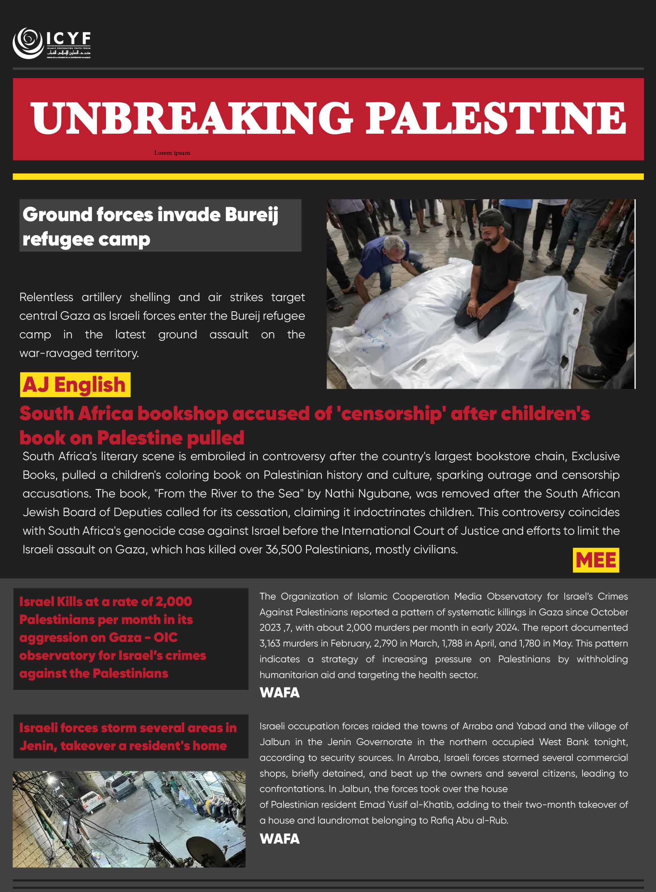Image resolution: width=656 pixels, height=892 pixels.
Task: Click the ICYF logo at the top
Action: tap(52, 43)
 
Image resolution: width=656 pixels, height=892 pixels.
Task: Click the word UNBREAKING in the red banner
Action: tap(191, 118)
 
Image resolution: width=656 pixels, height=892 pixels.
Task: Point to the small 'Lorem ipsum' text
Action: tap(172, 153)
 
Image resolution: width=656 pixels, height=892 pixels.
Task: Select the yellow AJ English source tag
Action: tap(75, 385)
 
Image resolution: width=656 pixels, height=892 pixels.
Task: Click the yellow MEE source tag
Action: tap(595, 560)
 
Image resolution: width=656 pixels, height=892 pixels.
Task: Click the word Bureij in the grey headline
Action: tap(251, 215)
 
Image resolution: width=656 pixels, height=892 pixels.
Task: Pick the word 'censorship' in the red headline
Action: tap(391, 414)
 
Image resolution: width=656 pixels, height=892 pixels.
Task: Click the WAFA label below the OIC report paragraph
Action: tap(280, 692)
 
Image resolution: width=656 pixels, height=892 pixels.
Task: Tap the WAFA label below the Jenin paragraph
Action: tap(280, 839)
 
